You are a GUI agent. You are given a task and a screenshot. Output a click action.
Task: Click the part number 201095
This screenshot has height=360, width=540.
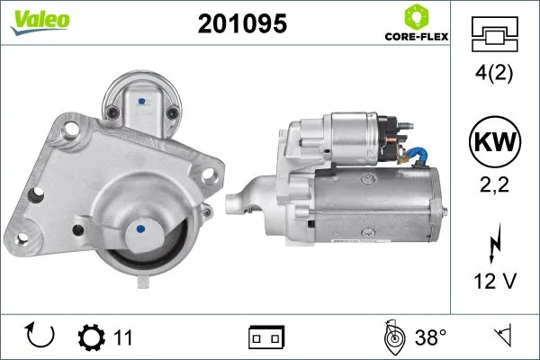click(242, 24)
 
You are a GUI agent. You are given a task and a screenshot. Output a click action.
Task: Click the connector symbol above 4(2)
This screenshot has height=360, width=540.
click(493, 35)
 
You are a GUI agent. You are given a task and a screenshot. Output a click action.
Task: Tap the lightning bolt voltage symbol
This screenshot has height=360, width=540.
click(493, 246)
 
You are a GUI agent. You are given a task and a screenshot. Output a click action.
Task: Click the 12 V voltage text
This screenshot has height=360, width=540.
click(493, 283)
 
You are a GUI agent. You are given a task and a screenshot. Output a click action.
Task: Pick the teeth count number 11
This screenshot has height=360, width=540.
click(123, 338)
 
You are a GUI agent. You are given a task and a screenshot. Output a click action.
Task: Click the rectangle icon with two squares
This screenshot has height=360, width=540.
click(266, 338)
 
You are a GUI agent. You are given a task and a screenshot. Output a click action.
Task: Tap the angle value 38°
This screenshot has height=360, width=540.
click(431, 338)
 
